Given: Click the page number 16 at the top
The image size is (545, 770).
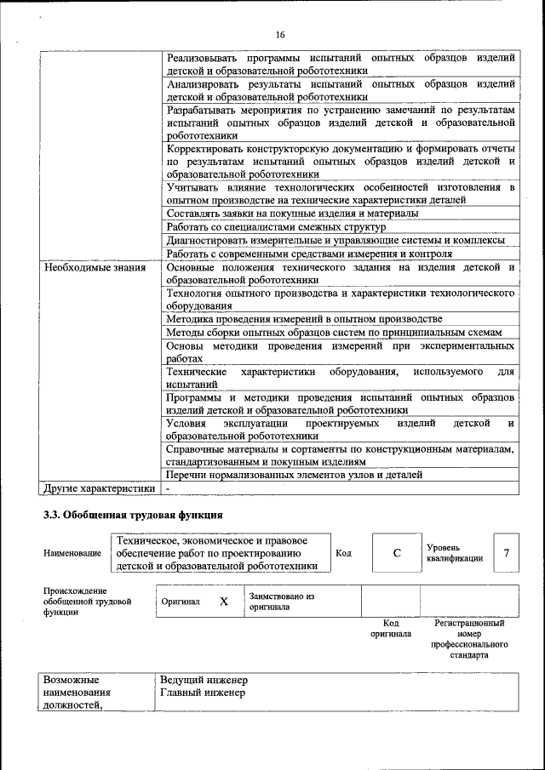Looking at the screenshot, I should pyautogui.click(x=280, y=35).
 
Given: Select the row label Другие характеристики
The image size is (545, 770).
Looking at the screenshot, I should pyautogui.click(x=99, y=488).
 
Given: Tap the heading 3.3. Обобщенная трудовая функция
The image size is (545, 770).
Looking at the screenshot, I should pyautogui.click(x=134, y=515).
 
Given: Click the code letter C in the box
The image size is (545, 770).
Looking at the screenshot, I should pyautogui.click(x=396, y=554).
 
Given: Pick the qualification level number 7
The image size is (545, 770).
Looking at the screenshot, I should pyautogui.click(x=506, y=554).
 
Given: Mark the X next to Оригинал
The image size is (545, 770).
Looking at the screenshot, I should pyautogui.click(x=224, y=602).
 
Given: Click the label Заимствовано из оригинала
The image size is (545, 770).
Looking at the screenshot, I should pyautogui.click(x=282, y=602).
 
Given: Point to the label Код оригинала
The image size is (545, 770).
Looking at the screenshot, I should pyautogui.click(x=390, y=628).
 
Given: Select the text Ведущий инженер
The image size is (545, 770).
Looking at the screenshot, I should pyautogui.click(x=204, y=681).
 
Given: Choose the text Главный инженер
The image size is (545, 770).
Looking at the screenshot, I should pyautogui.click(x=203, y=693).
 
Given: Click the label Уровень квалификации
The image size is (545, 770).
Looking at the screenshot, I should pyautogui.click(x=455, y=553).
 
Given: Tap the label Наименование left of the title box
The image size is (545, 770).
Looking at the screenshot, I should pyautogui.click(x=72, y=554).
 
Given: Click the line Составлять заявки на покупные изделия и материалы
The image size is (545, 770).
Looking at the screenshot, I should pyautogui.click(x=292, y=213).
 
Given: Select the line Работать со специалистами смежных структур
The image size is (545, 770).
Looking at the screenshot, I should pyautogui.click(x=276, y=226).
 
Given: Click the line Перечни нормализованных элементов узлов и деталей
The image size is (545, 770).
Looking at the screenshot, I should pyautogui.click(x=306, y=475).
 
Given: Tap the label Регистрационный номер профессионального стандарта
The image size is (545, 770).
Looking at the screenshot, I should pyautogui.click(x=469, y=640).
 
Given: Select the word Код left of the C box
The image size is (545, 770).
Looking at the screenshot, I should pyautogui.click(x=343, y=553).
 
